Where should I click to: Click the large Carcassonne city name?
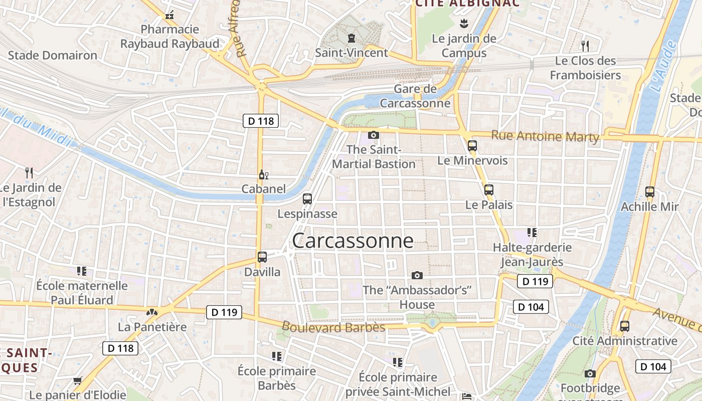(x=353, y=241)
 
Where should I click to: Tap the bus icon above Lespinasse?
(x=307, y=199)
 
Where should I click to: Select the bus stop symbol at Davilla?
(x=262, y=257)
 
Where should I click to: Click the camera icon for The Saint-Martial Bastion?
(x=374, y=135)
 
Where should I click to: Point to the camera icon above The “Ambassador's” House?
(x=417, y=275)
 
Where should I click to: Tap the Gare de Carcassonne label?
(x=415, y=96)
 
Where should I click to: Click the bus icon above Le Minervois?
(x=472, y=146)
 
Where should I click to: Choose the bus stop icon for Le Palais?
(x=489, y=190)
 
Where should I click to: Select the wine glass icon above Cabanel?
(x=263, y=175)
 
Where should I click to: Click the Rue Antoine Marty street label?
(x=545, y=136)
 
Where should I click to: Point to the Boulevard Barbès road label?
(x=333, y=327)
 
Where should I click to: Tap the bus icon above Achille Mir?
(x=650, y=191)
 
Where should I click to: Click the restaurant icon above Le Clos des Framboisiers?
(x=585, y=46)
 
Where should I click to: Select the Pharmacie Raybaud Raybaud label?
(x=170, y=37)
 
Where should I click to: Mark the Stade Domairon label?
(x=53, y=55)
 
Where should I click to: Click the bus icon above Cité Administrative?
(x=625, y=326)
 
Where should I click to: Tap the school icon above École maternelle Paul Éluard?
(x=82, y=271)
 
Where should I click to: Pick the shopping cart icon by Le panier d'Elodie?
(x=77, y=381)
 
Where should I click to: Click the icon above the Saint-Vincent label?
(x=351, y=38)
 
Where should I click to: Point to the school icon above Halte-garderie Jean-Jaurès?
(x=532, y=233)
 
